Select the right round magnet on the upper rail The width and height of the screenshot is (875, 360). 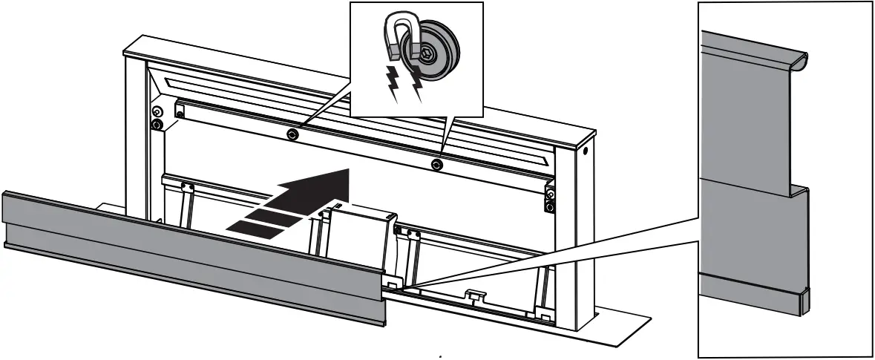coord(439,162)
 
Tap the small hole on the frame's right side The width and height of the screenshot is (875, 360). coord(586,152)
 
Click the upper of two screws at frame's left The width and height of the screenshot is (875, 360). coord(156,111)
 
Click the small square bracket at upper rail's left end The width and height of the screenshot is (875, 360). coord(179,110)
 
